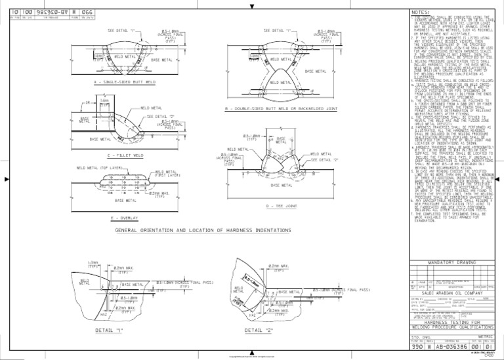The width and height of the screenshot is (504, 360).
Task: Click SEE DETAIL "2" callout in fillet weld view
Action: [160, 116]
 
